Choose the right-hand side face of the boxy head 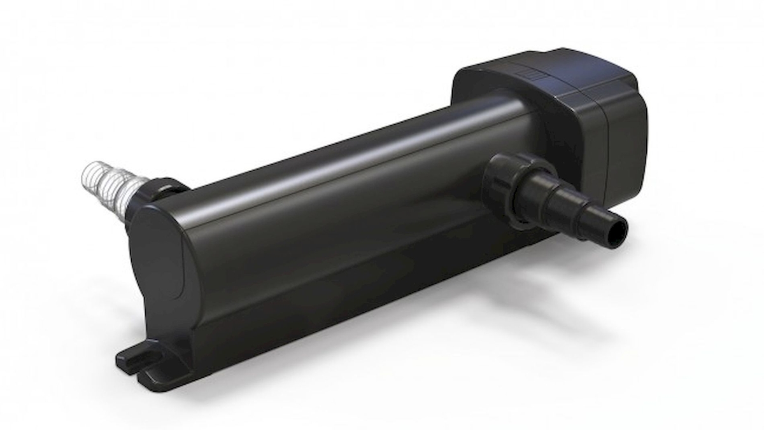pos(627,137)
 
